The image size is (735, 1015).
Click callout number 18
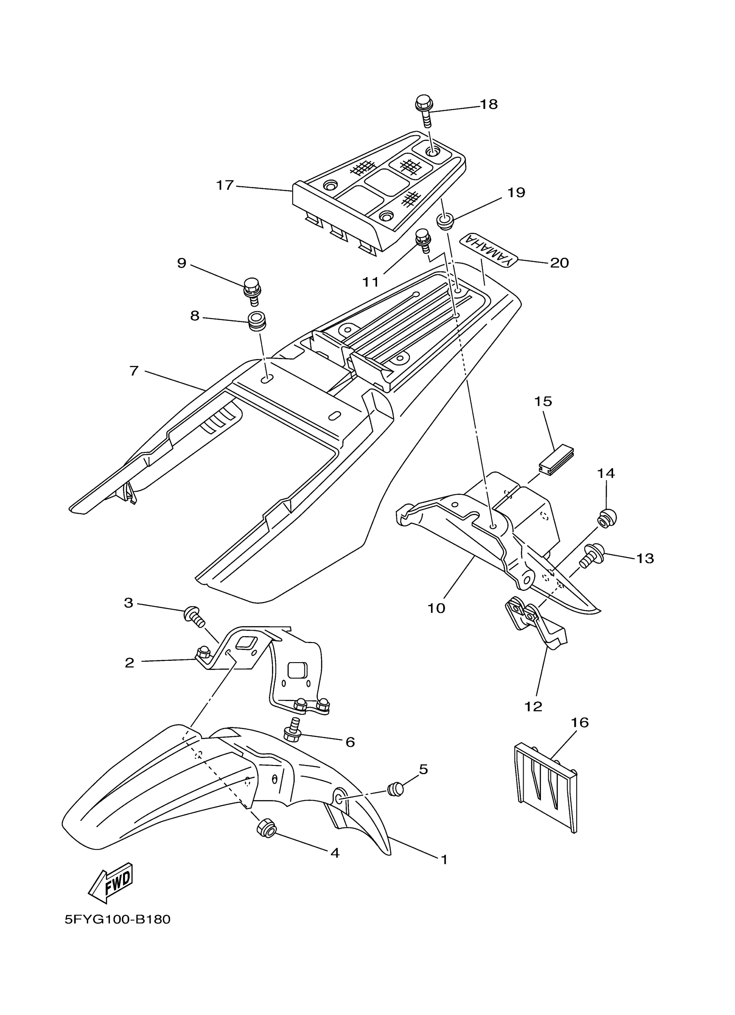(489, 104)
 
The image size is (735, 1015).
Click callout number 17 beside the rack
(225, 185)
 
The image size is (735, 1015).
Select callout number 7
(134, 371)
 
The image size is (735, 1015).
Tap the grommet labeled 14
(606, 519)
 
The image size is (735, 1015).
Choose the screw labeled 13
(592, 555)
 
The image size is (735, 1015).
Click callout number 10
(436, 608)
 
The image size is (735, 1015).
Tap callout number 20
(559, 263)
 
